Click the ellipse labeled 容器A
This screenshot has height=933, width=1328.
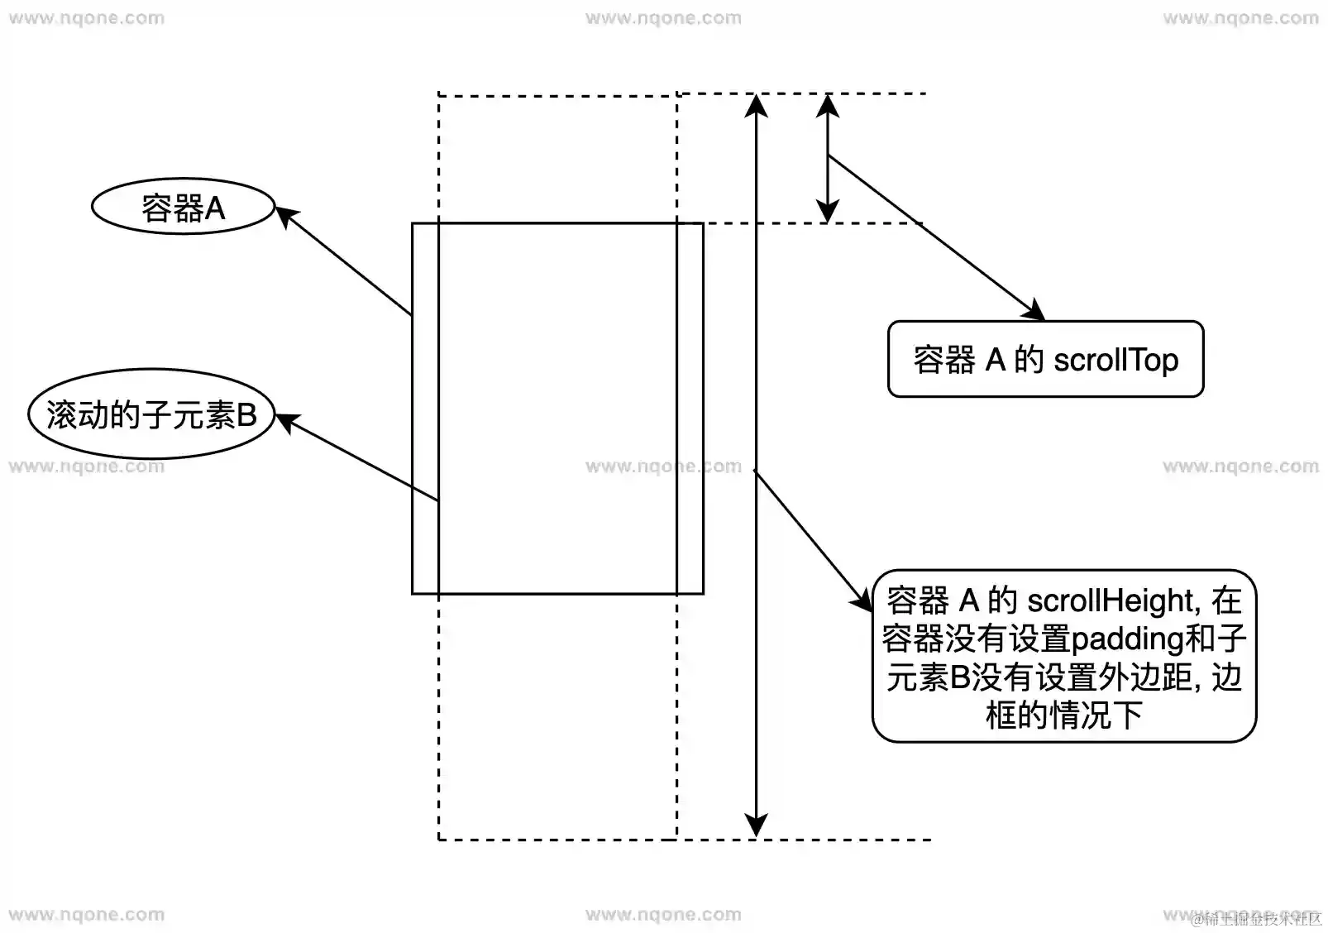point(182,206)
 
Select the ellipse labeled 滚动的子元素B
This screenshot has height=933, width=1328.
point(150,414)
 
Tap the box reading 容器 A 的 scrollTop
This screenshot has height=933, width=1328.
point(1045,359)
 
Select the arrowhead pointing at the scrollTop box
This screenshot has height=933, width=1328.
point(1034,312)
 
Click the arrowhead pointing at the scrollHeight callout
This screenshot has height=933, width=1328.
point(862,601)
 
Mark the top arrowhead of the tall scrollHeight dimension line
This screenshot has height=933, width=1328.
point(756,105)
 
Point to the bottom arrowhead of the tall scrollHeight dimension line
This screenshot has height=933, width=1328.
point(756,825)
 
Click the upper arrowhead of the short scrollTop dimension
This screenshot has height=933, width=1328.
point(828,105)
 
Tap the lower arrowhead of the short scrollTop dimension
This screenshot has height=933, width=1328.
point(828,212)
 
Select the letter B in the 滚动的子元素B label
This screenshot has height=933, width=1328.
point(246,415)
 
